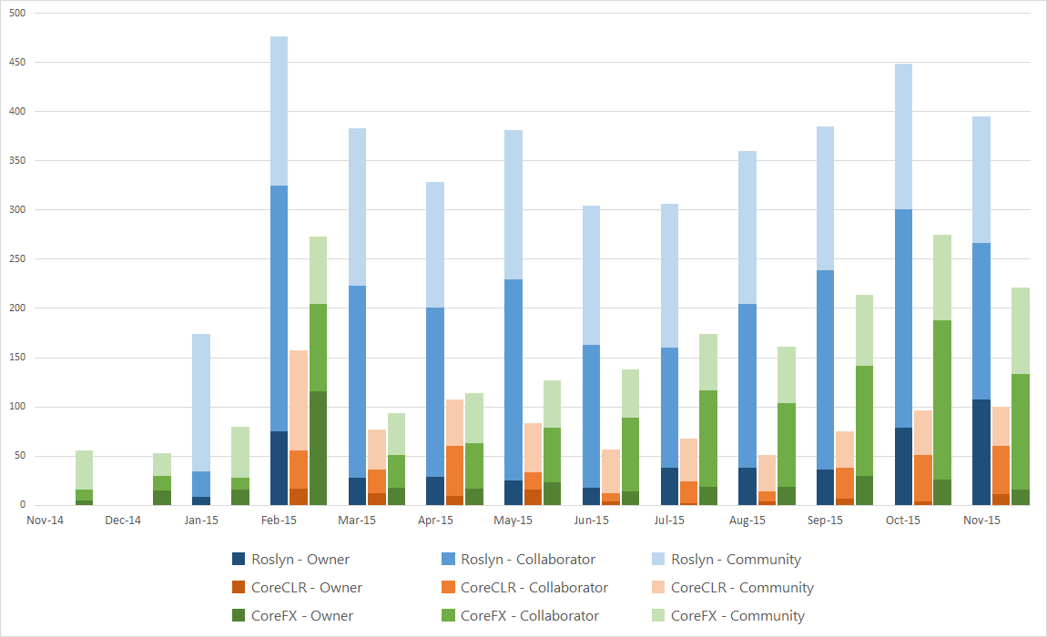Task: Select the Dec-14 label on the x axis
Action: click(x=123, y=521)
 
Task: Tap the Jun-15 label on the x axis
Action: click(x=592, y=521)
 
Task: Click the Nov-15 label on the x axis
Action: click(x=981, y=521)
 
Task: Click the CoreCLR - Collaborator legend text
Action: click(x=534, y=588)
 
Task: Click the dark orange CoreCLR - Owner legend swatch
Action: click(x=239, y=588)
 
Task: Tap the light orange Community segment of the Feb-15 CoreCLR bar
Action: click(x=299, y=400)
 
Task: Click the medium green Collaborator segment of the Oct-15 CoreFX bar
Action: click(x=942, y=400)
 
